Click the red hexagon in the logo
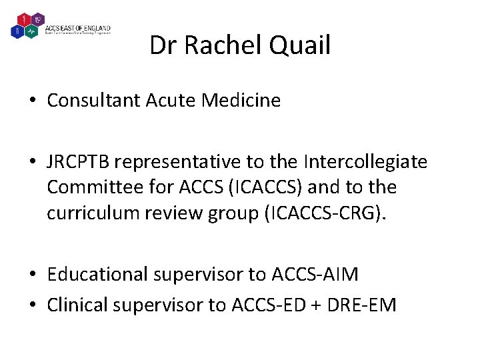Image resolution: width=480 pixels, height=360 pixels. pyautogui.click(x=23, y=19)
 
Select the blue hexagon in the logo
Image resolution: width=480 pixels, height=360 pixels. pyautogui.click(x=17, y=31)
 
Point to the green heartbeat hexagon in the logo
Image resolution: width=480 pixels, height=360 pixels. pyautogui.click(x=30, y=31)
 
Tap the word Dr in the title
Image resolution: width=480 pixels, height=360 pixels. pyautogui.click(x=162, y=46)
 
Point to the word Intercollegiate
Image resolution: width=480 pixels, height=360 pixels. pyautogui.click(x=366, y=163)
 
